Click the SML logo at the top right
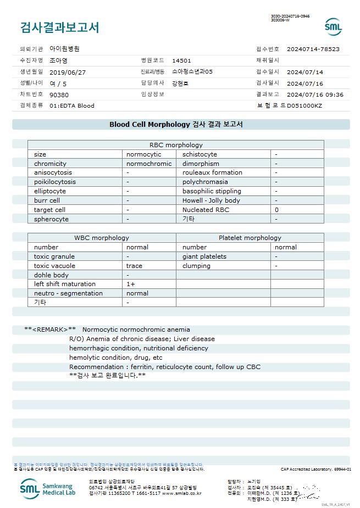pyautogui.click(x=333, y=26)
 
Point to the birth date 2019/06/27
pyautogui.click(x=68, y=72)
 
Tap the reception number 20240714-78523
pyautogui.click(x=313, y=49)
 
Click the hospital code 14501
pyautogui.click(x=182, y=60)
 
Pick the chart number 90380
pyautogui.click(x=59, y=94)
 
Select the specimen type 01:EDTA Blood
pyautogui.click(x=72, y=105)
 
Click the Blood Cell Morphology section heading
pyautogui.click(x=176, y=125)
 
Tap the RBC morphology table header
pyautogui.click(x=176, y=145)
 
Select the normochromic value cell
pyautogui.click(x=149, y=164)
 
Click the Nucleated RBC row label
pyautogui.click(x=206, y=210)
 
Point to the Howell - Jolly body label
pyautogui.click(x=211, y=200)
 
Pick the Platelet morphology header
pyautogui.click(x=250, y=238)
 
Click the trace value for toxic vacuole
pyautogui.click(x=135, y=266)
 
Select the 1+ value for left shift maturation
pyautogui.click(x=131, y=284)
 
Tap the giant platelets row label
pyautogui.click(x=204, y=256)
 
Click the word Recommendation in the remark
pyautogui.click(x=97, y=367)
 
